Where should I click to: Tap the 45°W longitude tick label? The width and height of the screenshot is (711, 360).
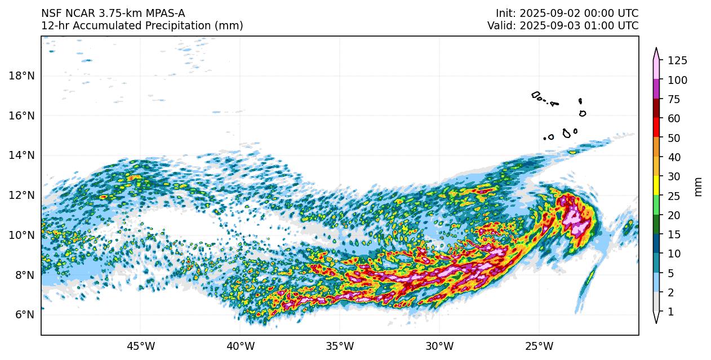click(x=141, y=345)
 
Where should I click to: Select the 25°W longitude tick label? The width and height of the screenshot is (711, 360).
click(x=539, y=345)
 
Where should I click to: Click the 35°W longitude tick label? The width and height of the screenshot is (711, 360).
click(x=340, y=345)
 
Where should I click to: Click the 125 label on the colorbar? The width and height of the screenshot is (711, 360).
click(x=677, y=61)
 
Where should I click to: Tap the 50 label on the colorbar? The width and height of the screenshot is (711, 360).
click(x=674, y=138)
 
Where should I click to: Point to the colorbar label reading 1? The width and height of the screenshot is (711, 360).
click(x=671, y=312)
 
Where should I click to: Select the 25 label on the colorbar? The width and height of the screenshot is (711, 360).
click(x=674, y=195)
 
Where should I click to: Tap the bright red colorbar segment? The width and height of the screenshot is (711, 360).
click(x=656, y=127)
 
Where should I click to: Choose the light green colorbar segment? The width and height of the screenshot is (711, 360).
click(x=656, y=205)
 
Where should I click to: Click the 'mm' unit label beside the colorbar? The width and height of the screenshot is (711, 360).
click(x=699, y=186)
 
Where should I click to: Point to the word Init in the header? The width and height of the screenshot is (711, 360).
click(x=505, y=14)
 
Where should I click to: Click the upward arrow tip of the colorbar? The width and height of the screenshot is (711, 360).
click(x=656, y=49)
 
